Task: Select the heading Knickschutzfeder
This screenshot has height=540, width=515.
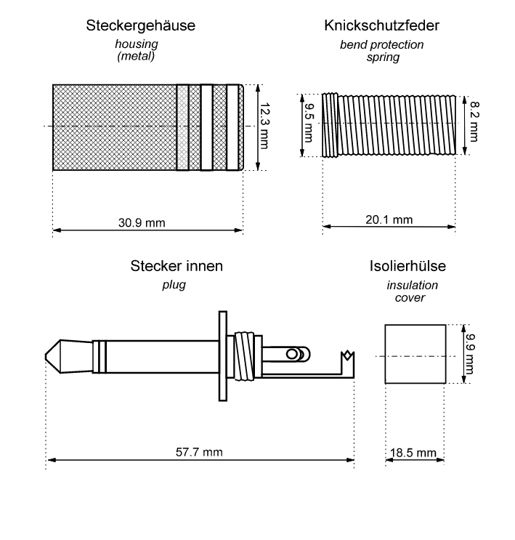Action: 382,27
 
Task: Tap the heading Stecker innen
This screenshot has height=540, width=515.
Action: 177,267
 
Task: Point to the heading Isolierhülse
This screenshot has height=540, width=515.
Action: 407,267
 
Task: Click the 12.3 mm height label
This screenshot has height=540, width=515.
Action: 264,126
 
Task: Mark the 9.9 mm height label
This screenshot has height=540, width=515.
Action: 469,354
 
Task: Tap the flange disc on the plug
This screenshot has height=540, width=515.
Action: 221,356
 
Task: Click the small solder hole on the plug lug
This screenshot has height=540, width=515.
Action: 292,354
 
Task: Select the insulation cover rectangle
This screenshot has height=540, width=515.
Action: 414,354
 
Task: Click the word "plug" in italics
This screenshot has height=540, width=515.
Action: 174,284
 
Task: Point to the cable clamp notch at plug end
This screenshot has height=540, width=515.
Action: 346,357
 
